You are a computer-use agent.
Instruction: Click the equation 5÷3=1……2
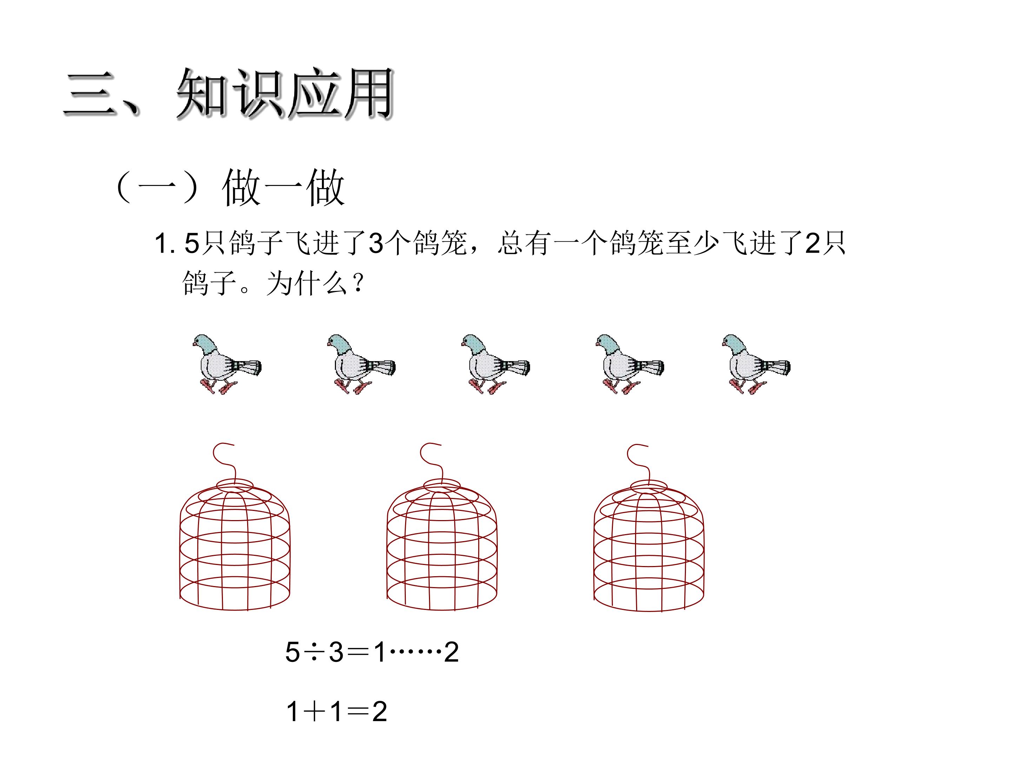click(372, 652)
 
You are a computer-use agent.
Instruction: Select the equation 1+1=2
click(336, 711)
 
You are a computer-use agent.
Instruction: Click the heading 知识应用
click(284, 94)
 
